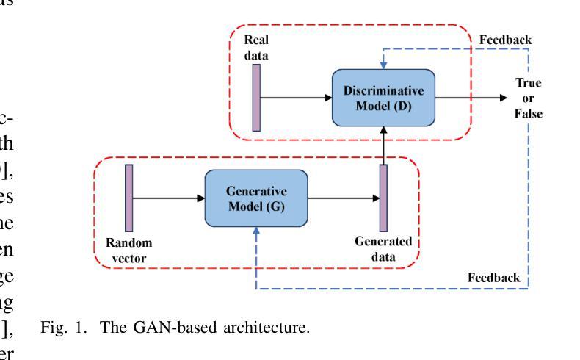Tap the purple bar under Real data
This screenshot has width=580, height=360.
(256, 98)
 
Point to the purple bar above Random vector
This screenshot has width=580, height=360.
(129, 198)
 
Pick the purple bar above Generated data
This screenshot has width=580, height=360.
(383, 198)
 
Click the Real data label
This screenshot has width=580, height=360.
(256, 45)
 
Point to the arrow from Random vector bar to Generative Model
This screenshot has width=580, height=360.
(168, 198)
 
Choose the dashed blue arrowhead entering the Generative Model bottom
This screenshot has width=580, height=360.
(255, 230)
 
